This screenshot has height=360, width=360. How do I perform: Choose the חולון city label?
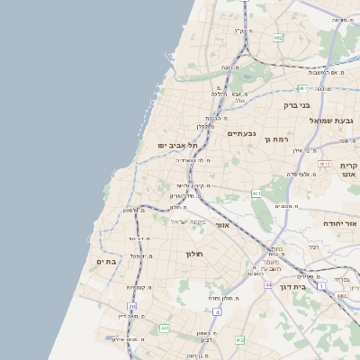pyautogui.click(x=195, y=254)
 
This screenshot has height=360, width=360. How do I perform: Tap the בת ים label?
pyautogui.click(x=107, y=261)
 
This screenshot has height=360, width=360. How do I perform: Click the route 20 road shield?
pyautogui.click(x=132, y=307)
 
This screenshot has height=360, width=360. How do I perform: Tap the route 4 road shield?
pyautogui.click(x=217, y=312)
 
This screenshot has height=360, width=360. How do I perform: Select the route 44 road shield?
pyautogui.click(x=268, y=284)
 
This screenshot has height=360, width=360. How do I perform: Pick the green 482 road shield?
pyautogui.click(x=278, y=38)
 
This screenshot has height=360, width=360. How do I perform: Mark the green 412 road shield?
pyautogui.click(x=238, y=340)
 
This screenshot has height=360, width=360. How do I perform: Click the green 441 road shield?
pyautogui.click(x=165, y=328)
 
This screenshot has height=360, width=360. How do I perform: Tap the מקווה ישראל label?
pyautogui.click(x=188, y=221)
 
